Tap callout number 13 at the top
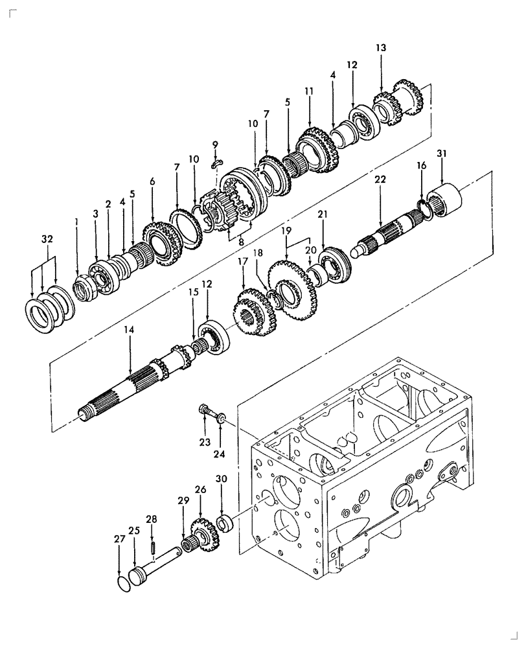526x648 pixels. (380, 47)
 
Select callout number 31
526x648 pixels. (441, 153)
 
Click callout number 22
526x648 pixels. (380, 179)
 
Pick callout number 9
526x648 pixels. (215, 144)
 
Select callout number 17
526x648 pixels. (244, 262)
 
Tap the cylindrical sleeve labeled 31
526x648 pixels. (446, 194)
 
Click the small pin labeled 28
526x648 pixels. (154, 547)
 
